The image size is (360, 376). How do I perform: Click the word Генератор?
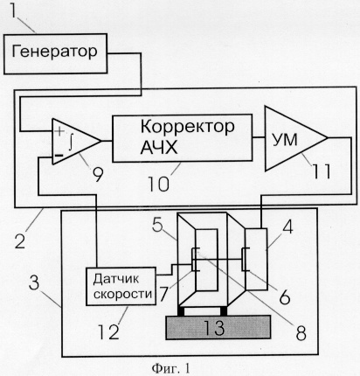tap(54, 52)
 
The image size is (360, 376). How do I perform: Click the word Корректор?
tap(187, 128)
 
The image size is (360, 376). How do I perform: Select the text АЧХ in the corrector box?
tap(159, 148)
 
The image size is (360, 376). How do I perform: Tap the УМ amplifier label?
tap(285, 140)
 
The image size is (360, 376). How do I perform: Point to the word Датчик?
tap(115, 279)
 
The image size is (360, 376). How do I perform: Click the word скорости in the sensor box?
tap(122, 294)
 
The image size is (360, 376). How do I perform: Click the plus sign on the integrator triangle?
tap(59, 131)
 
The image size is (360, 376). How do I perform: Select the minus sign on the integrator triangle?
tap(59, 156)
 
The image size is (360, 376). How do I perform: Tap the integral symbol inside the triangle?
tap(71, 143)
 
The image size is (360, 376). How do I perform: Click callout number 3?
tap(34, 282)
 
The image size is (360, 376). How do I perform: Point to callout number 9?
tap(98, 174)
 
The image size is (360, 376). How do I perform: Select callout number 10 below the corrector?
tap(159, 184)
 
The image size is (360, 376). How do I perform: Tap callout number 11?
tap(322, 171)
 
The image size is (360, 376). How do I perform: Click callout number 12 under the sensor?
tap(108, 331)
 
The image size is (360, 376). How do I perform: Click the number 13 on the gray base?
tap(214, 327)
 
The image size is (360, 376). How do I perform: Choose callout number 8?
tap(301, 332)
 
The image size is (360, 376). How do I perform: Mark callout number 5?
tap(157, 225)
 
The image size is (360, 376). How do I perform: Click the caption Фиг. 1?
tap(170, 368)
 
